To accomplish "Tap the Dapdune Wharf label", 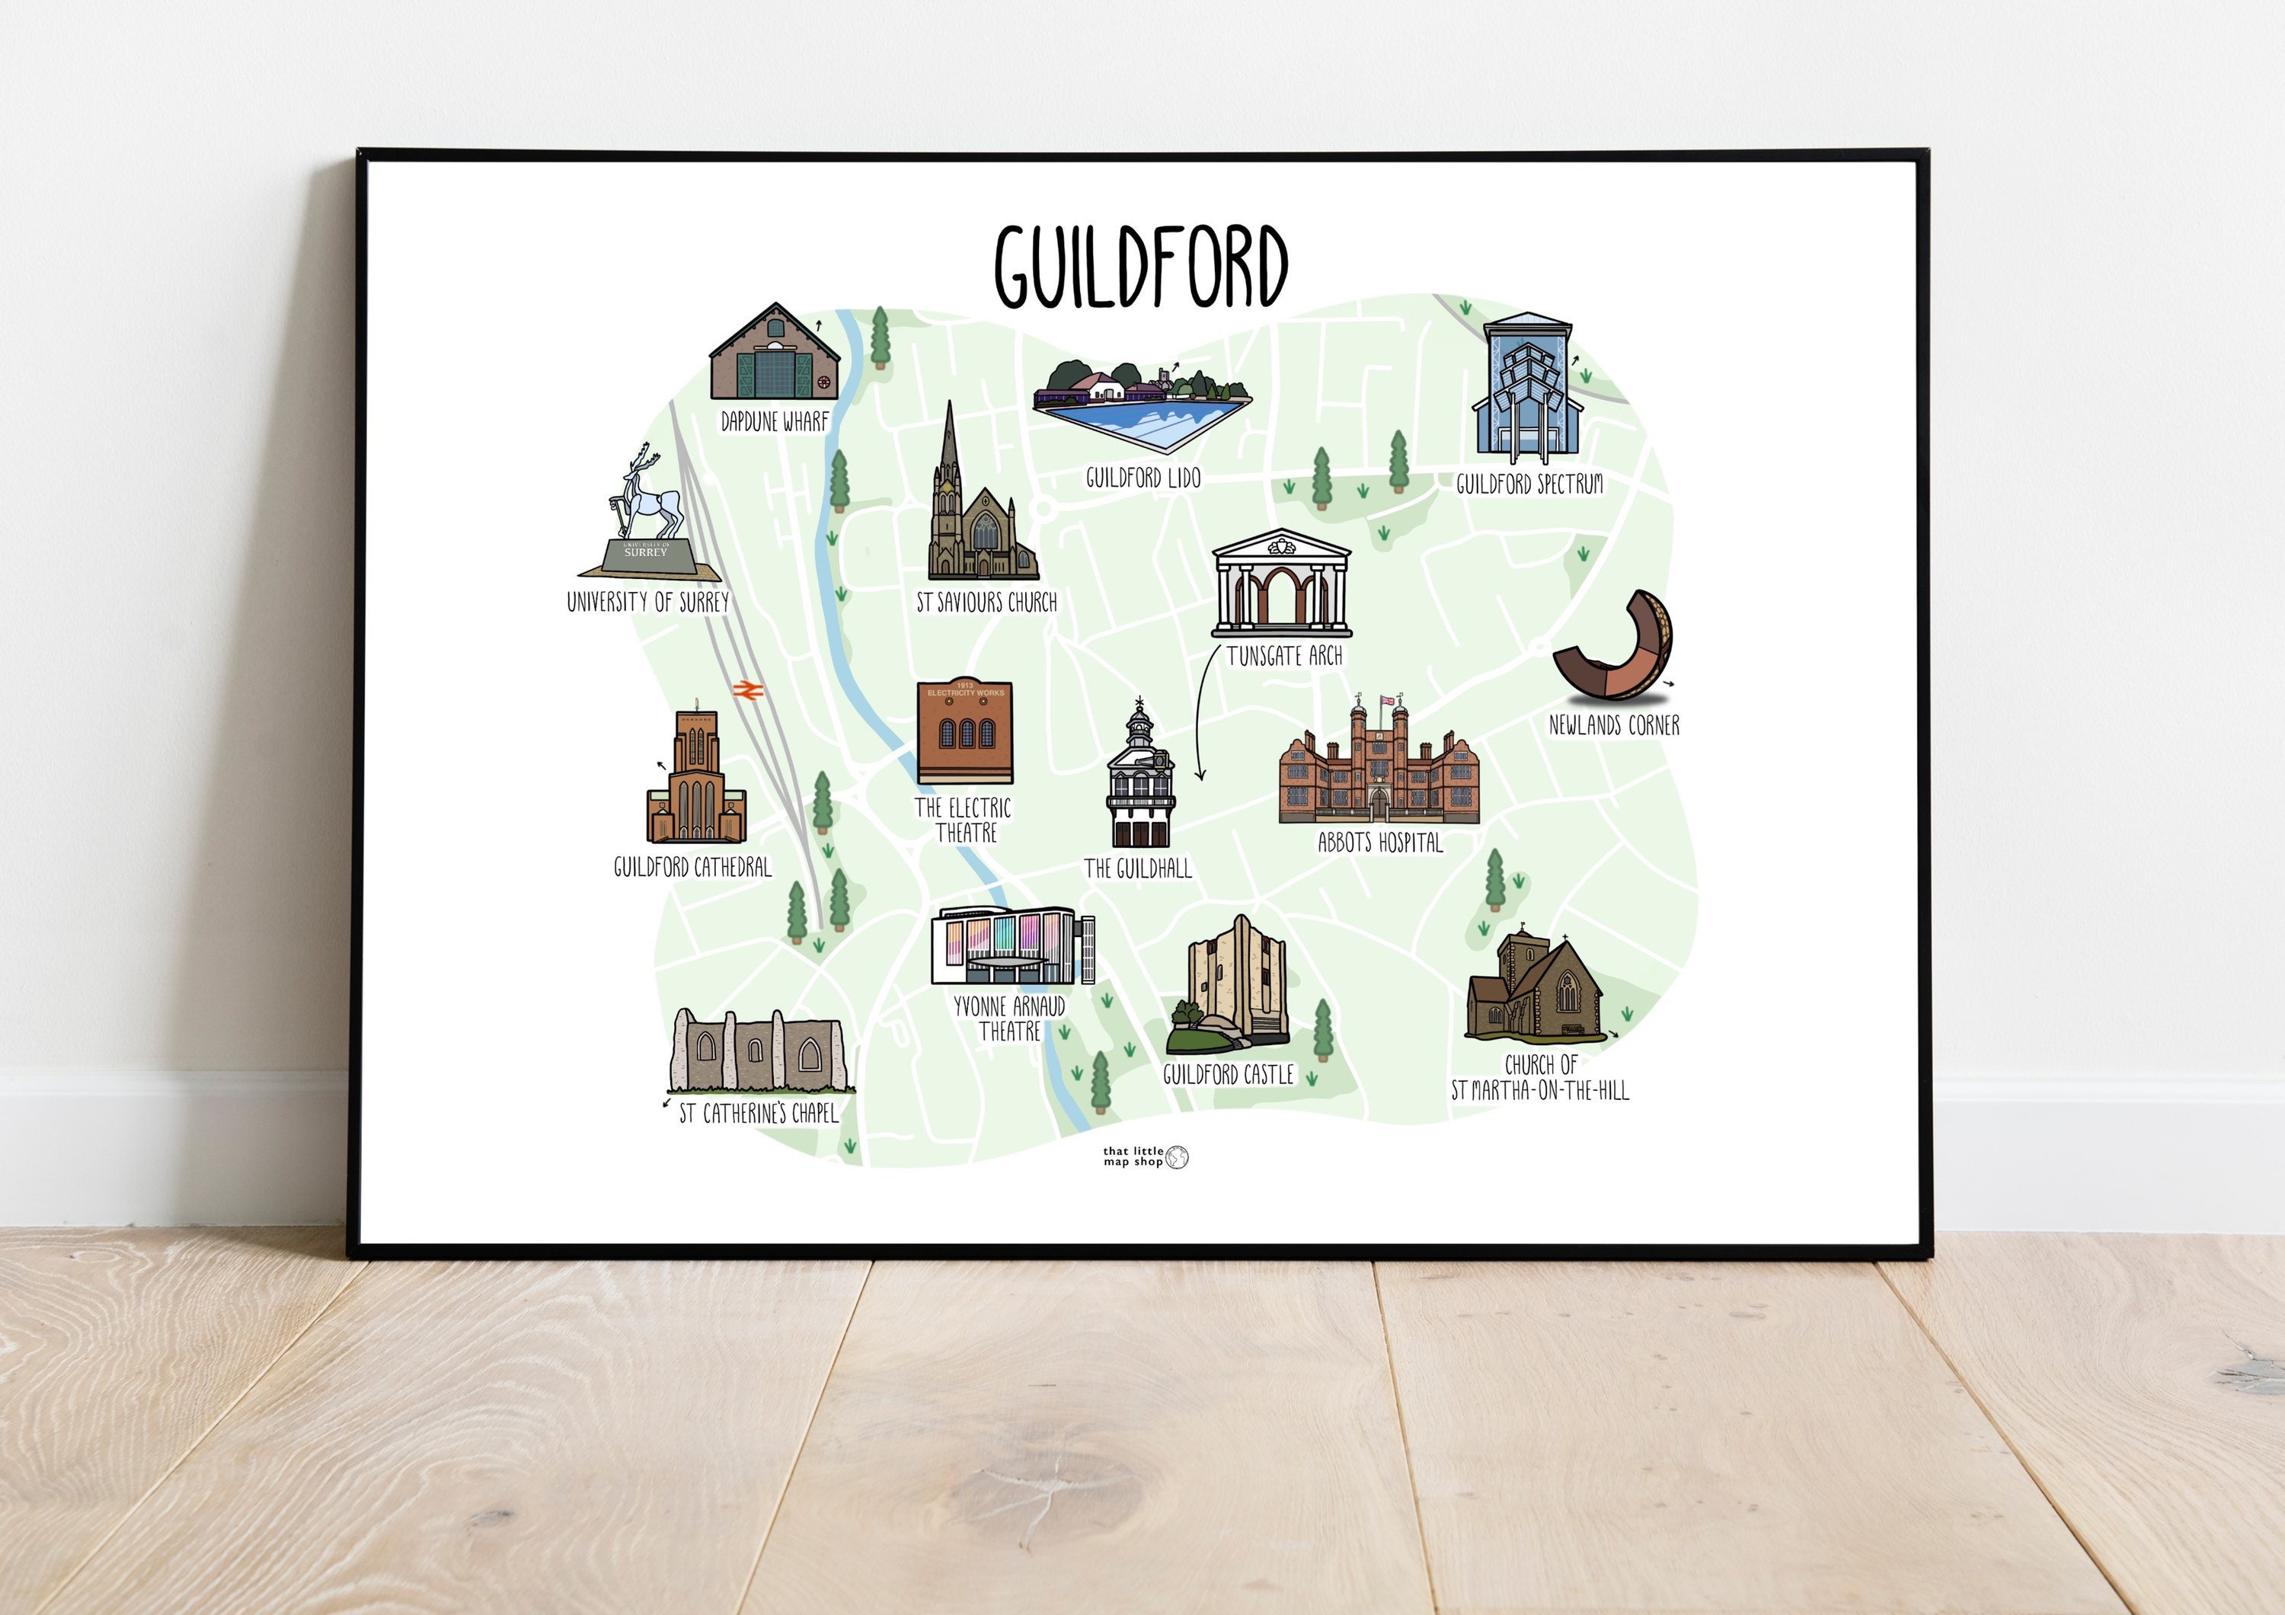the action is [x=775, y=422].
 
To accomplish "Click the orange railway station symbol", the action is [x=746, y=689].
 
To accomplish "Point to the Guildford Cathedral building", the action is [x=695, y=781].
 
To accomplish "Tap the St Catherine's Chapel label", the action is [x=759, y=1114].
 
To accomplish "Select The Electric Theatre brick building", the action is [x=964, y=731].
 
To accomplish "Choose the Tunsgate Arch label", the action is [x=1284, y=657].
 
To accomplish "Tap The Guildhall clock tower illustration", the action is [x=1140, y=776].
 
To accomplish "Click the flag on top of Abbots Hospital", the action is [x=1386, y=702].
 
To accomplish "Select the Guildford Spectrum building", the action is [x=1526, y=390].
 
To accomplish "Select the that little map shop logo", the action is [x=1146, y=1156].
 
